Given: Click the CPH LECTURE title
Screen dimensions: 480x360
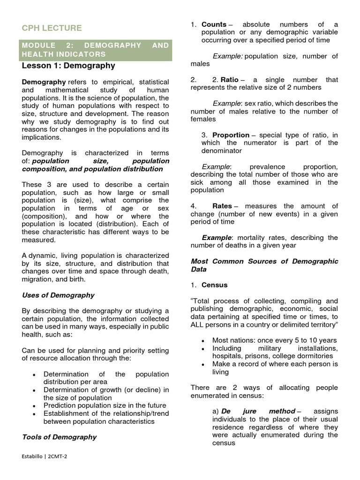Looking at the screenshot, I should [x=52, y=28].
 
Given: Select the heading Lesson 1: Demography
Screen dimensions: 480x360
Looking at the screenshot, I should [x=68, y=66].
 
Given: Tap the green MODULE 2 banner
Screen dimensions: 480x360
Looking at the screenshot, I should [x=96, y=50].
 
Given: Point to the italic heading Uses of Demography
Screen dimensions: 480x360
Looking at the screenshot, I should [x=58, y=295].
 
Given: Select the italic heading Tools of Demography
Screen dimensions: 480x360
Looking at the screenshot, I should [x=59, y=437].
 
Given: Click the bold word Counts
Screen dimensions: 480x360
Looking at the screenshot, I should [x=214, y=24].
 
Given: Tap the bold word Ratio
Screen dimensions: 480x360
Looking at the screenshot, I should [x=229, y=80].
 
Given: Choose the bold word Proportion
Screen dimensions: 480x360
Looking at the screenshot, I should [x=231, y=135].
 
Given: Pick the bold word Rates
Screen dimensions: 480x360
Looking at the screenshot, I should [x=222, y=206].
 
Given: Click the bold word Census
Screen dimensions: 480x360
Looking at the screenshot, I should [x=214, y=285].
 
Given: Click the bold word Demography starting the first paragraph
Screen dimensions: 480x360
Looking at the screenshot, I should [x=44, y=82].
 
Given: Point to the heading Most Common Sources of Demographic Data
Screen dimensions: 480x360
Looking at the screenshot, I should [x=264, y=265].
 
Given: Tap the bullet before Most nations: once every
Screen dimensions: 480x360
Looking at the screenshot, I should [x=202, y=341].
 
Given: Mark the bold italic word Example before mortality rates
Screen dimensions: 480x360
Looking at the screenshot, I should [x=217, y=238].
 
